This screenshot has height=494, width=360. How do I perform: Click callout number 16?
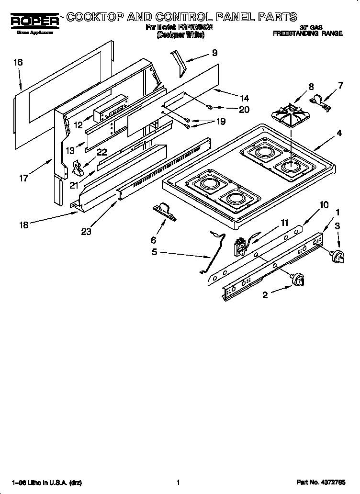point(18,62)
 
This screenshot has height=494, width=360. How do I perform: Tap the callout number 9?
point(214,53)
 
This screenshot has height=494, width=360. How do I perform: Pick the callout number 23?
point(86,231)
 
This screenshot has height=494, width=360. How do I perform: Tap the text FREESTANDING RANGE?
point(307,34)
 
